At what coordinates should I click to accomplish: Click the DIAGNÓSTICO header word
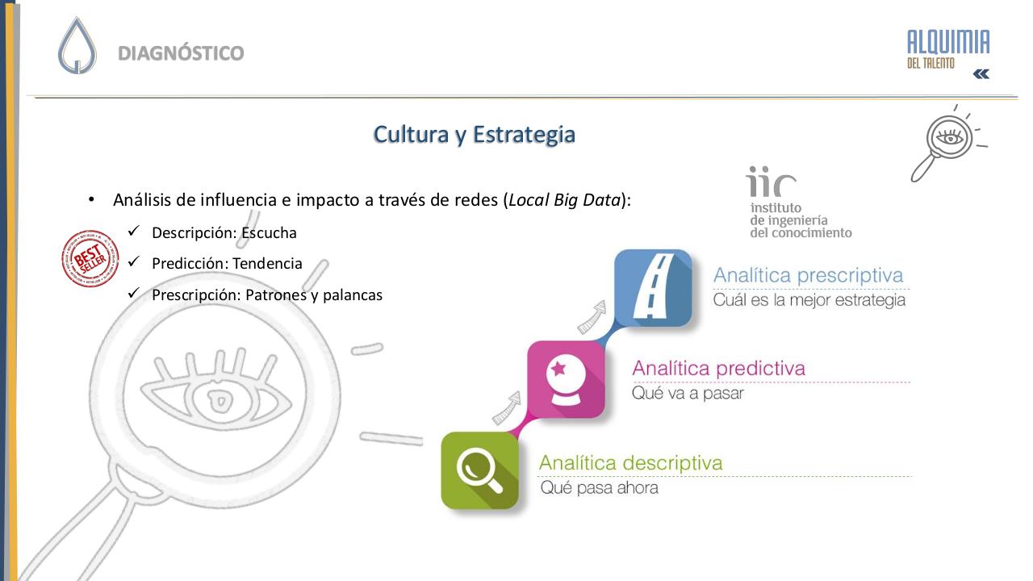tap(181, 53)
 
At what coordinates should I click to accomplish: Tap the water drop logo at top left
tap(77, 46)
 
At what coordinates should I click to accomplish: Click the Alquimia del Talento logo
tap(948, 48)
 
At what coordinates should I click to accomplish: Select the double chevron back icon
tap(981, 74)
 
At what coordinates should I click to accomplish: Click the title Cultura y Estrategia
tap(474, 134)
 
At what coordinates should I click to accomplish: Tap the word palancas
tap(352, 295)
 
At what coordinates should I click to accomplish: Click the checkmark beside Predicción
tap(134, 263)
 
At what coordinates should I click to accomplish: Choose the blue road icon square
tap(653, 288)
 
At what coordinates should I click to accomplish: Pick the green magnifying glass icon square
tap(479, 470)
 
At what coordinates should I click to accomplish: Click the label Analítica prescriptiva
tap(808, 276)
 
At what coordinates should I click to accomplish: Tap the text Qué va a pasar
tap(688, 394)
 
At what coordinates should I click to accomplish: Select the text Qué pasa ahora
tap(599, 487)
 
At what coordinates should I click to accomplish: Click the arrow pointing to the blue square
tap(592, 318)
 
